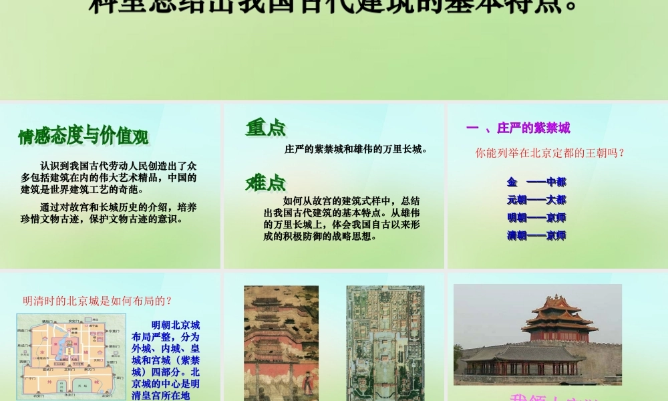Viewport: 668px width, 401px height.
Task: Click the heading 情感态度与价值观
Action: (83, 136)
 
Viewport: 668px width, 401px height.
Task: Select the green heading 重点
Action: (265, 128)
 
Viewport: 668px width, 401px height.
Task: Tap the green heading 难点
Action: (265, 182)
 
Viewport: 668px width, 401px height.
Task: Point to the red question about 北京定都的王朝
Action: (550, 152)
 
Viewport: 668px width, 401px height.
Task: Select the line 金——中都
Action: (536, 182)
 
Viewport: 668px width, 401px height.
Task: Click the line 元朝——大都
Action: (536, 199)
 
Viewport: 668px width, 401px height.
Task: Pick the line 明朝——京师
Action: (536, 217)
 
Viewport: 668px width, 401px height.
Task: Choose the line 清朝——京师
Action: (536, 235)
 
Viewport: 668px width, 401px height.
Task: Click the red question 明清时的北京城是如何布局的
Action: (98, 301)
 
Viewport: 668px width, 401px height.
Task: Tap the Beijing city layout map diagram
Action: (71, 356)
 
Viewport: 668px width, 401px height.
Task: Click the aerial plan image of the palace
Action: (385, 342)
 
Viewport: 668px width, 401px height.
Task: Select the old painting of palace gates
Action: (281, 342)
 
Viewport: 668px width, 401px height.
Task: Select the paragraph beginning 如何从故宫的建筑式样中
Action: (342, 218)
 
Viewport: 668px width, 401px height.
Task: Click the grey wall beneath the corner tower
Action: (601, 361)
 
